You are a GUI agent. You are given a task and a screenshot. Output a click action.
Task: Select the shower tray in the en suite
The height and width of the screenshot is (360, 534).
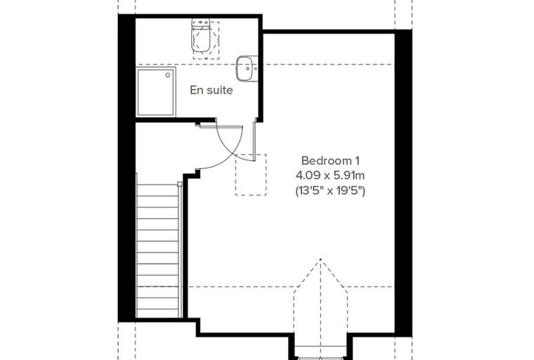coord(156,91)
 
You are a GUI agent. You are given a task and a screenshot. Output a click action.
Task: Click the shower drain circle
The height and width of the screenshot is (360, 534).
coord(168,75)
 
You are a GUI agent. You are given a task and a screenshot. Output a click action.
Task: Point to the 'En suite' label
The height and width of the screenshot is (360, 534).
coord(211,90)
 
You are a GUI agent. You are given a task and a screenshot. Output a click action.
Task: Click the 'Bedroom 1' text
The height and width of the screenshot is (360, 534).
coord(330,160)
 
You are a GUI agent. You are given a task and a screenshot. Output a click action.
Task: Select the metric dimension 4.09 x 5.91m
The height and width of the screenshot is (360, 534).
coord(330,176)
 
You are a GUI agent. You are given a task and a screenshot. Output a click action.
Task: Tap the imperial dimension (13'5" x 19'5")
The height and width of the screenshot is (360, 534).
coord(330,191)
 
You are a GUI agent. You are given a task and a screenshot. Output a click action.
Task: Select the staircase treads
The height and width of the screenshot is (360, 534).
coord(157,251)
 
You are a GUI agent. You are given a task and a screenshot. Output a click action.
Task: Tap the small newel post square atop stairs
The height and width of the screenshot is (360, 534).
coord(179,184)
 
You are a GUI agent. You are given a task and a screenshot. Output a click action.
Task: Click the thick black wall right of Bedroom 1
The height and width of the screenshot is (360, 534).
coord(403,183)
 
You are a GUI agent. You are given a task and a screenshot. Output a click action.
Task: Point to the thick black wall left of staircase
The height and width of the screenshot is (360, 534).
coord(126,168)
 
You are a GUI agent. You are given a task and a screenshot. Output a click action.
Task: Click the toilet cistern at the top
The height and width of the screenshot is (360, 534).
coord(201,22)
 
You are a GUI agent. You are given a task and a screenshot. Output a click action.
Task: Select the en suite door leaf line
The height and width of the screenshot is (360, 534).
coord(254,139)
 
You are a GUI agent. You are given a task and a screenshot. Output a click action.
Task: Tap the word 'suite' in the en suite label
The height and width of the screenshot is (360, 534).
coord(220,90)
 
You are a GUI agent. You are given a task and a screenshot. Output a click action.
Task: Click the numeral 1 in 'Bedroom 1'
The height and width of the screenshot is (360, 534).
coord(356,160)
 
